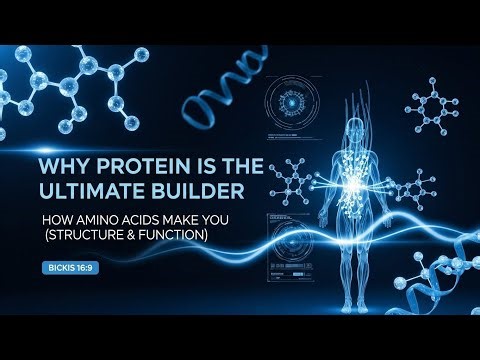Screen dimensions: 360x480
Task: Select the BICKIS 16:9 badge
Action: pyautogui.click(x=68, y=267)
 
